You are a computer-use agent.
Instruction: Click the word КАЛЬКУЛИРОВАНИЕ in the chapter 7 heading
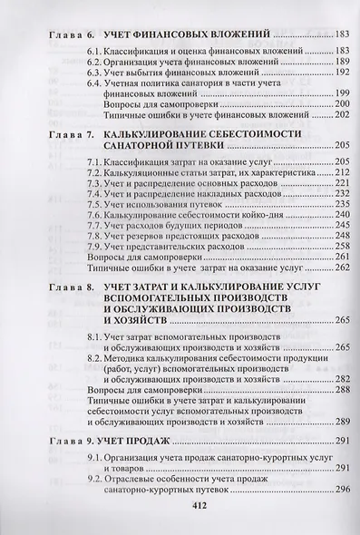tap(161, 133)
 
